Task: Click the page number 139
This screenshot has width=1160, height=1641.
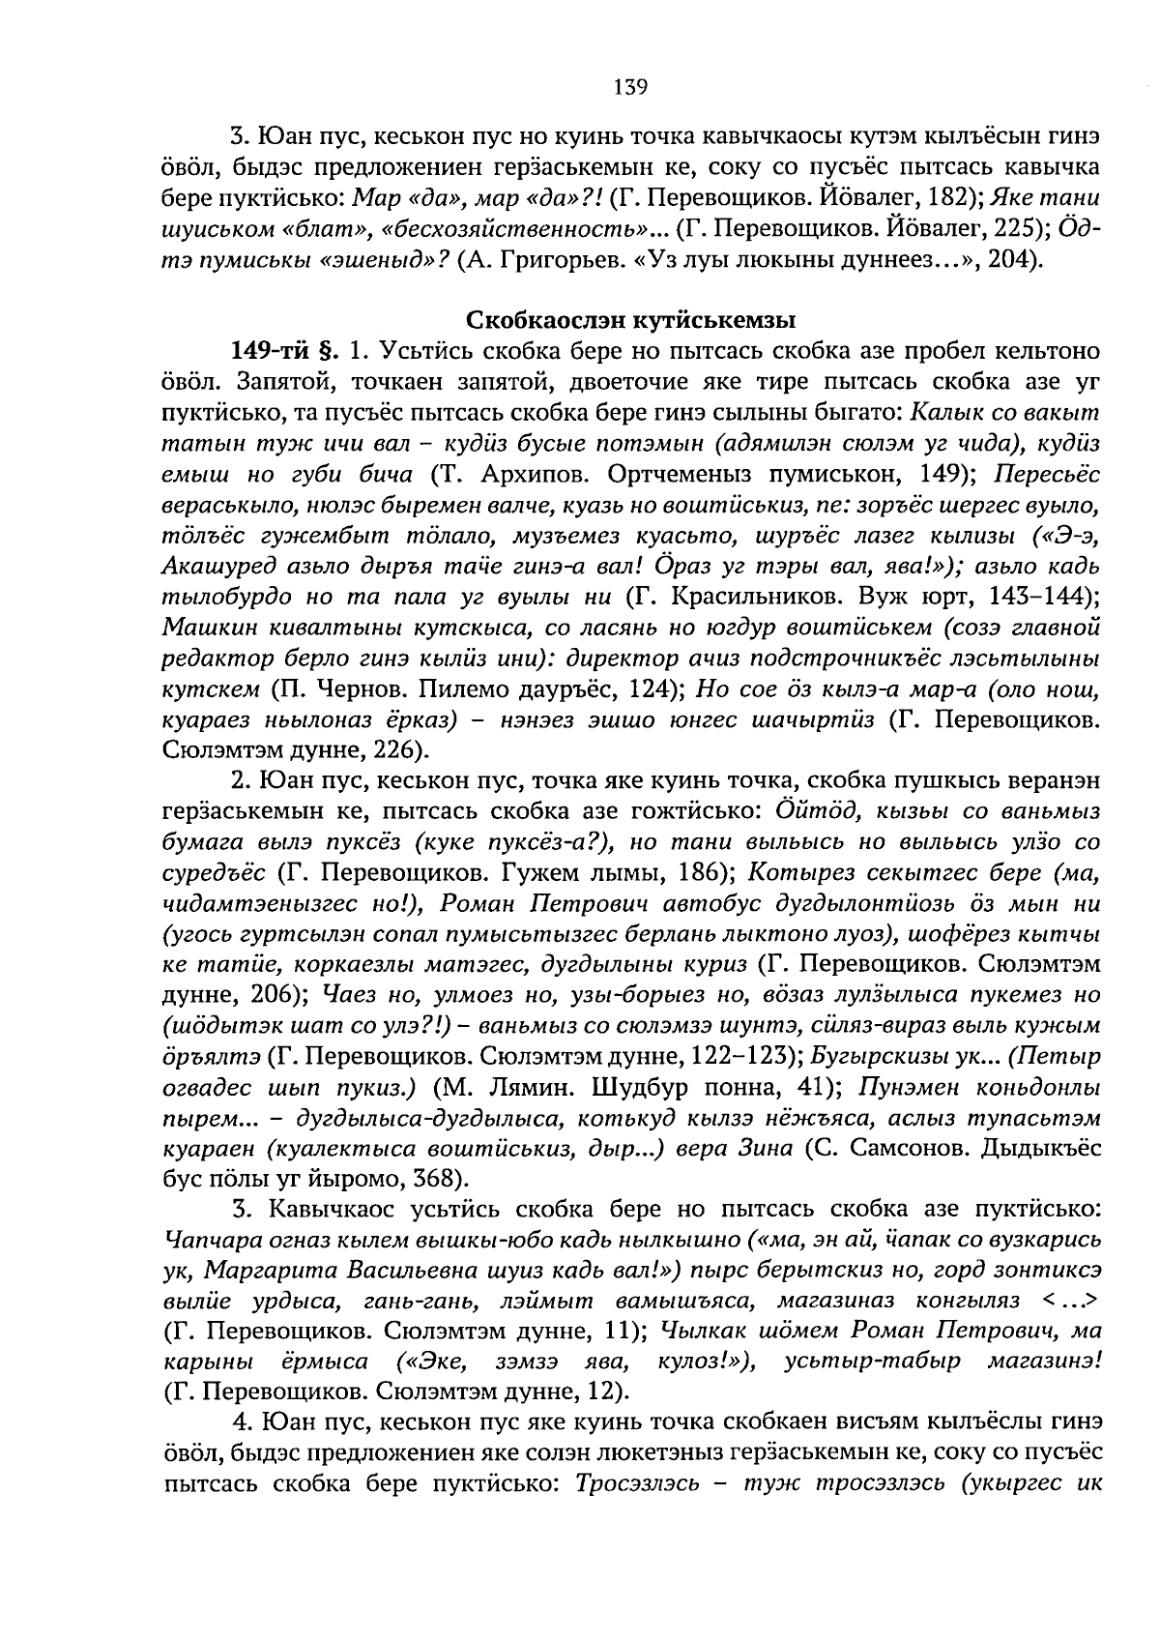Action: point(629,87)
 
